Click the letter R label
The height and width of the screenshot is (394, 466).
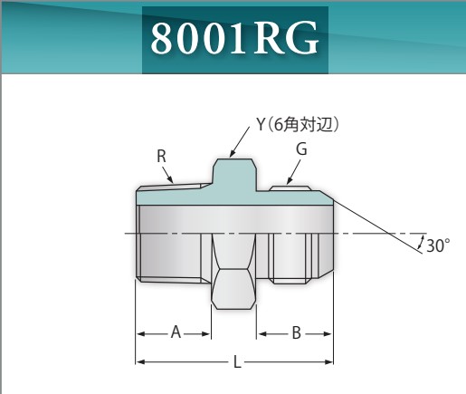(x=162, y=156)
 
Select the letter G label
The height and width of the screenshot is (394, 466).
(x=301, y=149)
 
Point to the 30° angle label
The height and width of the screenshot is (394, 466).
(x=437, y=245)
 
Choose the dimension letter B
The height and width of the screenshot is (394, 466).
(x=296, y=333)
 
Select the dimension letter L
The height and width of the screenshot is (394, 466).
(x=237, y=362)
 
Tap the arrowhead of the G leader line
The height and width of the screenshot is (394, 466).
(x=288, y=185)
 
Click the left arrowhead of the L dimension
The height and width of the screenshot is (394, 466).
(x=140, y=362)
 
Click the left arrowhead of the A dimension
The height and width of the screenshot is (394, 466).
(x=140, y=333)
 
